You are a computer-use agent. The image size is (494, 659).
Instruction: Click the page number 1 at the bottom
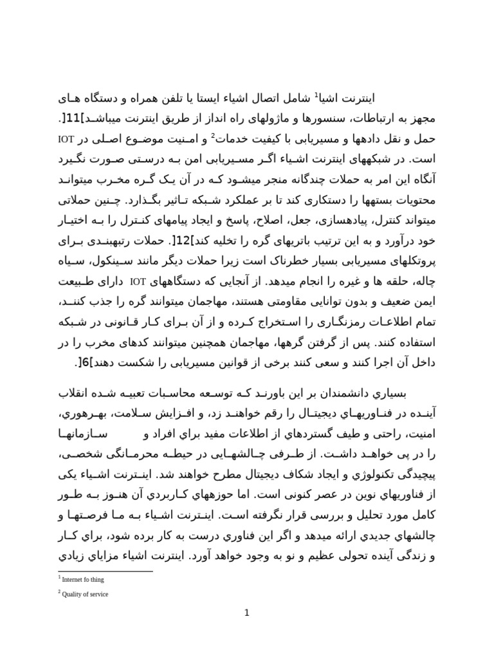[x=246, y=613]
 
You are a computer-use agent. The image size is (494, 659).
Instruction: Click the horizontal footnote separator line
[x=105, y=571]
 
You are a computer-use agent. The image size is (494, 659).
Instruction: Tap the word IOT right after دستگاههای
[x=139, y=281]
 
